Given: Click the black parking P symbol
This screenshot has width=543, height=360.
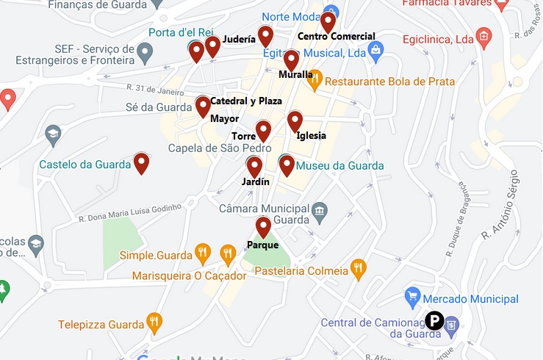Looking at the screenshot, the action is coord(434,321).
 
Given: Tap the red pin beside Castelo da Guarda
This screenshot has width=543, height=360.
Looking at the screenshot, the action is coord(142,163).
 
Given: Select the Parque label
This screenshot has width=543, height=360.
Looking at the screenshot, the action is coord(262,245).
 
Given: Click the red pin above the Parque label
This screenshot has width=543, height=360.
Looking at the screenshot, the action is coord(263,227).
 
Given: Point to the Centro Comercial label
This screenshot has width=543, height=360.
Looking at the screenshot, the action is coord(337,36).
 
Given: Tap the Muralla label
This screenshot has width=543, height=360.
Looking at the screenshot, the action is coord(296,74).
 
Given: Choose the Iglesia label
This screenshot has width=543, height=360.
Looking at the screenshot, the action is coord(312,135).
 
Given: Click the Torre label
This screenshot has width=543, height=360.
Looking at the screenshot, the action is coord(243,136).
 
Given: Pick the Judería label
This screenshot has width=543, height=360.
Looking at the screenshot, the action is coord(239,38).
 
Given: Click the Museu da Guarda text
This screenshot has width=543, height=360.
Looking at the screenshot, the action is coord(339,166).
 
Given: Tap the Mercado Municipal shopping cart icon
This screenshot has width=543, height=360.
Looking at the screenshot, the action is coord(412,299).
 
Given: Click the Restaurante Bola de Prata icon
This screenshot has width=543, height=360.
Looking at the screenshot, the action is coord(314,82).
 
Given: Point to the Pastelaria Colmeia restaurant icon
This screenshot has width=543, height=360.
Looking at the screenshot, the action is coord(359,270).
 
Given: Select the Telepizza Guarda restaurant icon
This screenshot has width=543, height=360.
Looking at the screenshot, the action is coord(154,323).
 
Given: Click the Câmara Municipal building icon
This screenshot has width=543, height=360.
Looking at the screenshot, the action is coord(319,212).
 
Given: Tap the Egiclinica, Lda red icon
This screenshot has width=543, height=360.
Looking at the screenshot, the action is coord(483,36).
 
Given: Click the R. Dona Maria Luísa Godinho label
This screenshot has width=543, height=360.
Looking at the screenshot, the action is coord(129,212).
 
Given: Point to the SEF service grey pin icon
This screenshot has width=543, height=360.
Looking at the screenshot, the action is coord(145,52).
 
